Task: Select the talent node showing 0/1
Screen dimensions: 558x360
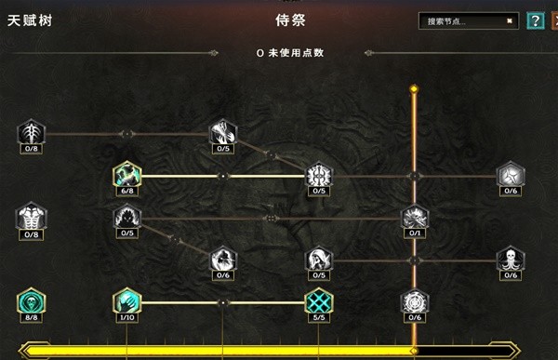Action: click(415, 218)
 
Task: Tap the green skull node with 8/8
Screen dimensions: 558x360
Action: click(31, 301)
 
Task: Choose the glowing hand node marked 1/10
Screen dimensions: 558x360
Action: click(126, 301)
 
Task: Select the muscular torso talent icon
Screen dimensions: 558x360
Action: click(31, 218)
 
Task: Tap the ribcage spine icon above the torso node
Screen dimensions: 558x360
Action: click(31, 133)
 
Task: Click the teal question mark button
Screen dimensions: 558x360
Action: click(535, 20)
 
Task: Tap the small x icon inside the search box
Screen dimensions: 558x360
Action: click(510, 20)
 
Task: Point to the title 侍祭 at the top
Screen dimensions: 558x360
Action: click(291, 20)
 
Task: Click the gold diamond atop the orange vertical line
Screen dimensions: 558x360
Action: click(415, 90)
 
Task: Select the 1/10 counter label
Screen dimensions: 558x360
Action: click(126, 318)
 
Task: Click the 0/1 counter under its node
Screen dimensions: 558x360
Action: click(415, 233)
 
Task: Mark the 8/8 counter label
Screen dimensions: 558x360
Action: click(31, 318)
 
